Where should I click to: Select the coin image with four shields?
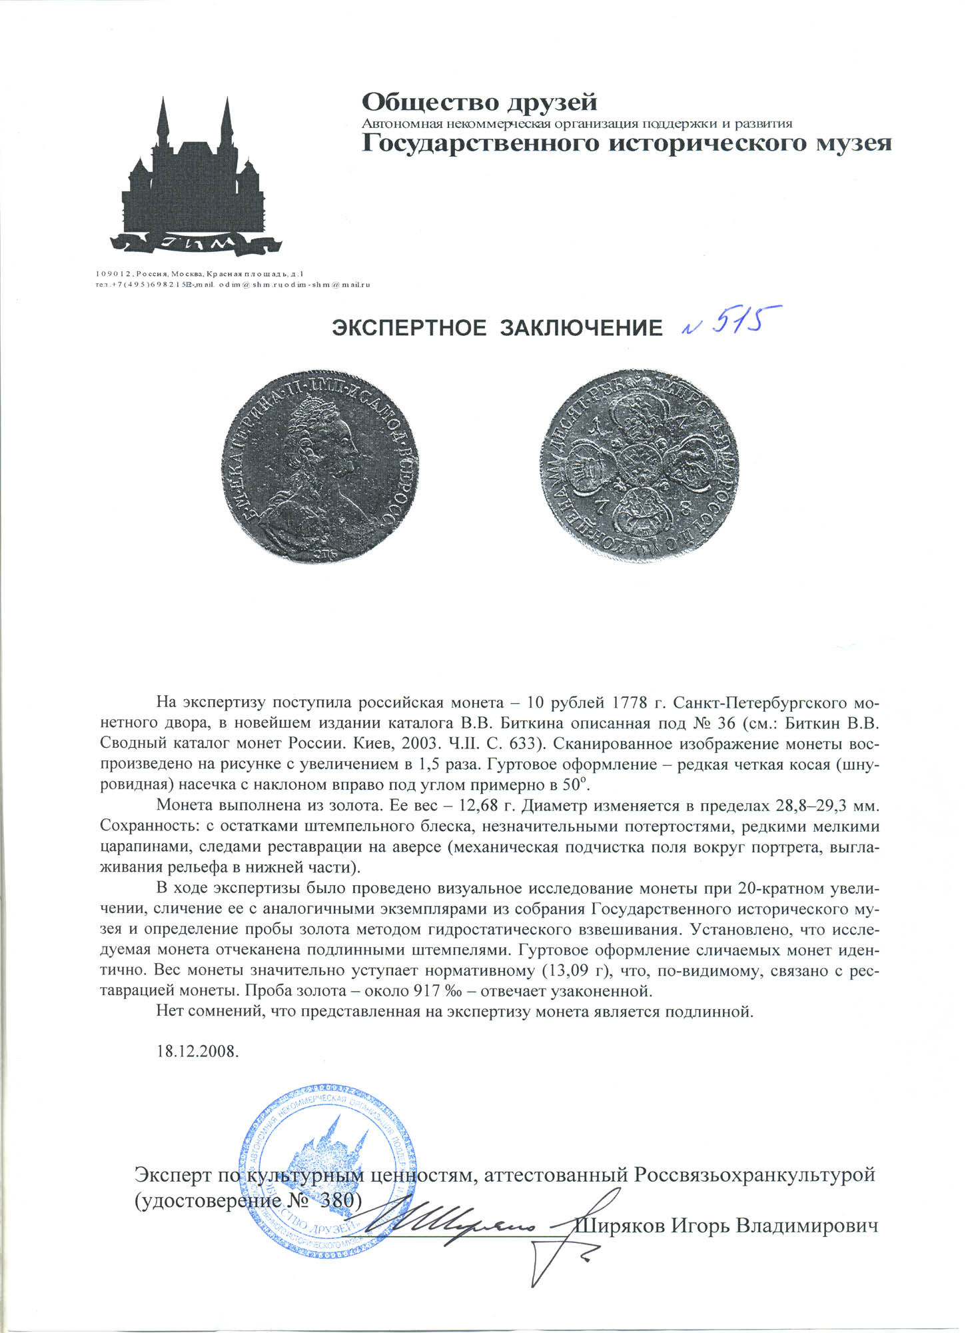(643, 465)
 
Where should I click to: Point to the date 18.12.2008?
(197, 1052)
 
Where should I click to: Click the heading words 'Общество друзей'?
(480, 103)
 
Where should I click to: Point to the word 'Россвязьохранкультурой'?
(754, 1174)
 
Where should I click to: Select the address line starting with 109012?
(200, 274)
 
